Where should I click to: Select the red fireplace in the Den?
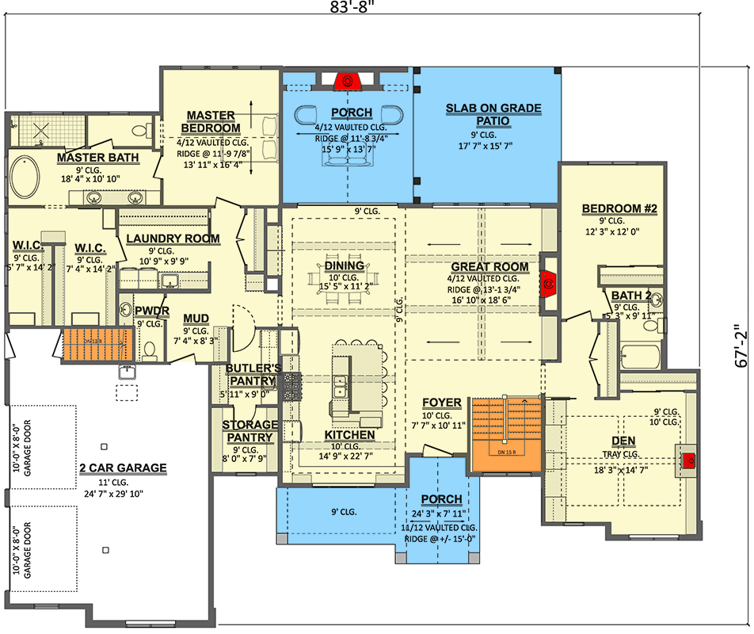pyautogui.click(x=688, y=459)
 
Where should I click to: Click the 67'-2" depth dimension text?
pyautogui.click(x=740, y=346)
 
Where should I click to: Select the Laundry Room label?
pyautogui.click(x=173, y=239)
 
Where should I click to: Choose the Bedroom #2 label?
pyautogui.click(x=619, y=209)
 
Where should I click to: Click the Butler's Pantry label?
pyautogui.click(x=252, y=374)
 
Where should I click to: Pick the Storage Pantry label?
pyautogui.click(x=250, y=431)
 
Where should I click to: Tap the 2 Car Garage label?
pyautogui.click(x=123, y=468)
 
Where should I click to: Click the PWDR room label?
pyautogui.click(x=150, y=311)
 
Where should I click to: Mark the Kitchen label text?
pyautogui.click(x=349, y=435)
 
